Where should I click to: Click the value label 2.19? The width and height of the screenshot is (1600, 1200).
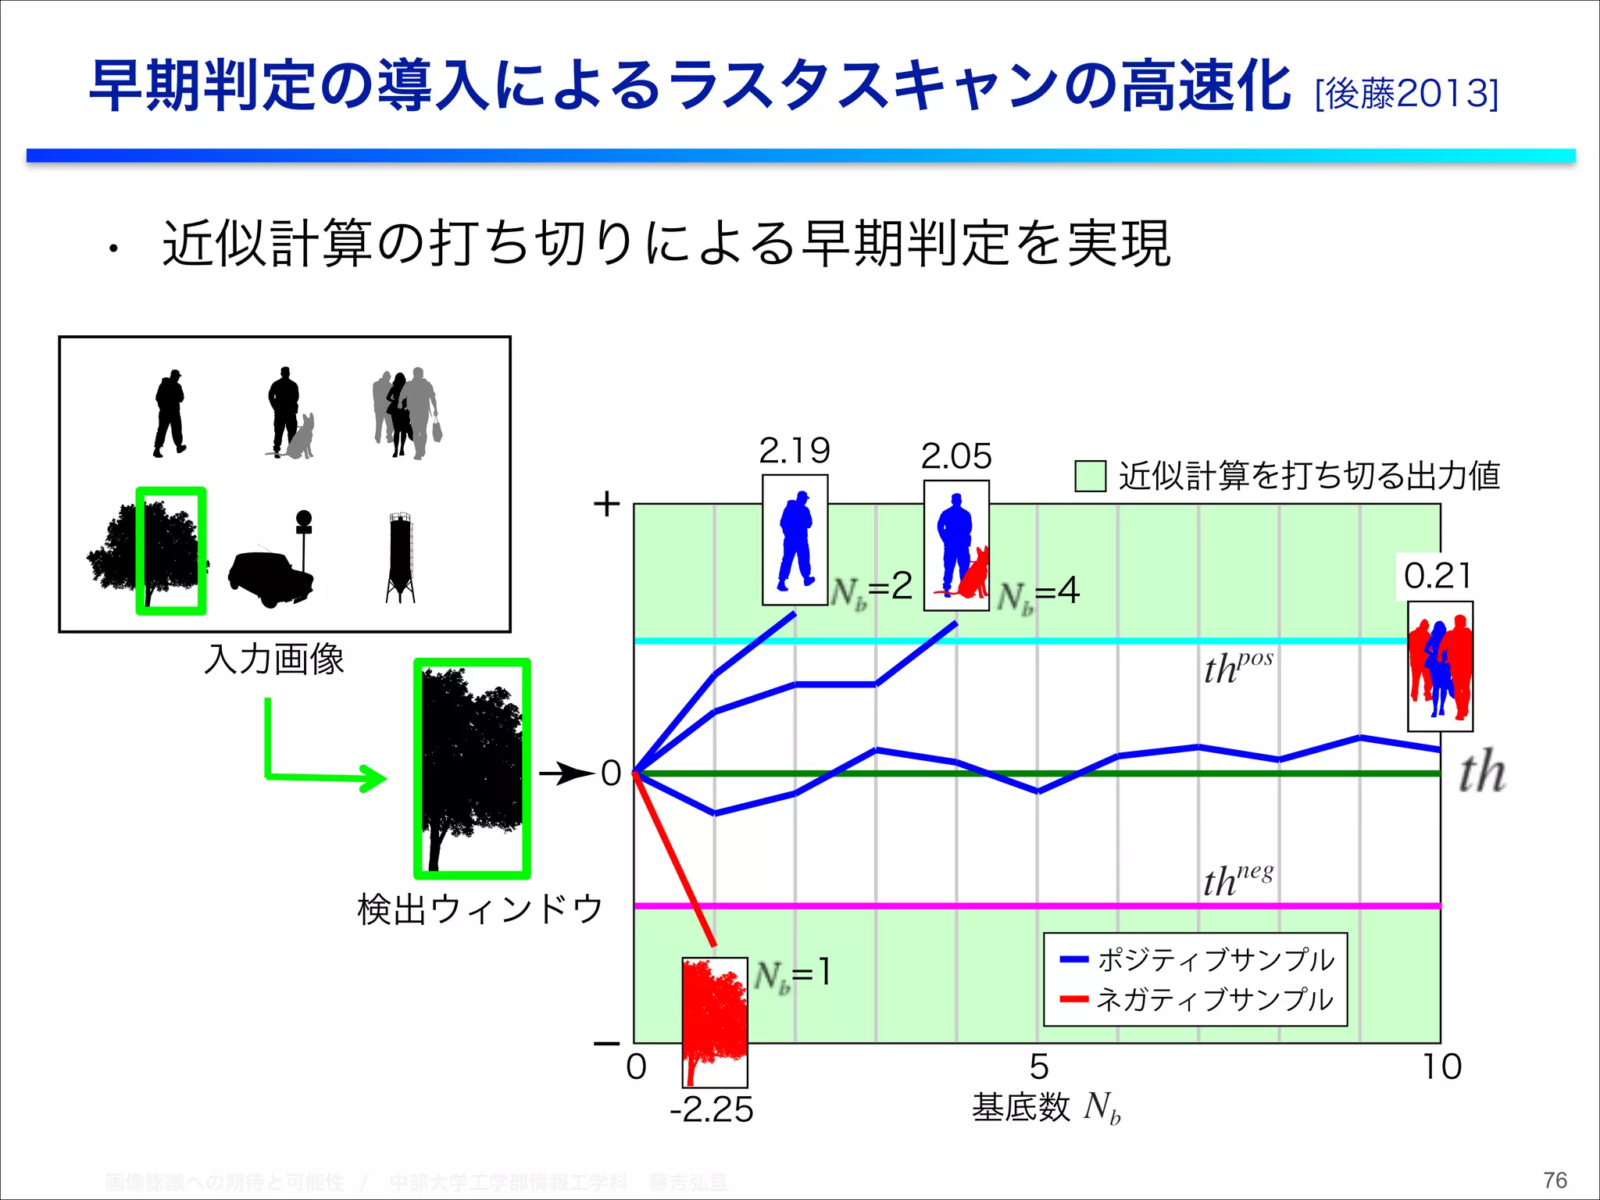pyautogui.click(x=794, y=451)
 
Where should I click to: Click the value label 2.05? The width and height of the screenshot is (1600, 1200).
pyautogui.click(x=955, y=456)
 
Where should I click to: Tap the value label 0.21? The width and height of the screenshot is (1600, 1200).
pyautogui.click(x=1437, y=577)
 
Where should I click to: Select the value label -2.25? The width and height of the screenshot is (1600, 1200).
pyautogui.click(x=712, y=1110)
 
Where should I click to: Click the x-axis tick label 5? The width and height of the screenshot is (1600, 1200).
pyautogui.click(x=1038, y=1067)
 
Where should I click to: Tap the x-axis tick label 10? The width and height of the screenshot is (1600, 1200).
pyautogui.click(x=1441, y=1067)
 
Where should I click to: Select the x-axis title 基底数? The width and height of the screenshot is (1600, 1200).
pyautogui.click(x=1020, y=1107)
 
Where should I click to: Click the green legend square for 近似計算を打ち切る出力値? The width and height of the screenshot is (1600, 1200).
pyautogui.click(x=1090, y=476)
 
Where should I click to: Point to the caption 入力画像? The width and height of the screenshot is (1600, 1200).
pyautogui.click(x=274, y=659)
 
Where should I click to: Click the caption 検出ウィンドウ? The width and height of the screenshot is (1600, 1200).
pyautogui.click(x=480, y=909)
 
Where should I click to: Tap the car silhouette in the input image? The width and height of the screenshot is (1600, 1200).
pyautogui.click(x=270, y=579)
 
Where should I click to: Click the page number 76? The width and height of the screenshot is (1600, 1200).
pyautogui.click(x=1555, y=1180)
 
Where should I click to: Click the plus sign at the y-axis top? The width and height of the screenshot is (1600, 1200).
pyautogui.click(x=606, y=504)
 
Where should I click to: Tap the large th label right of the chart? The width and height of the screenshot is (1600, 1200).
pyautogui.click(x=1482, y=773)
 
